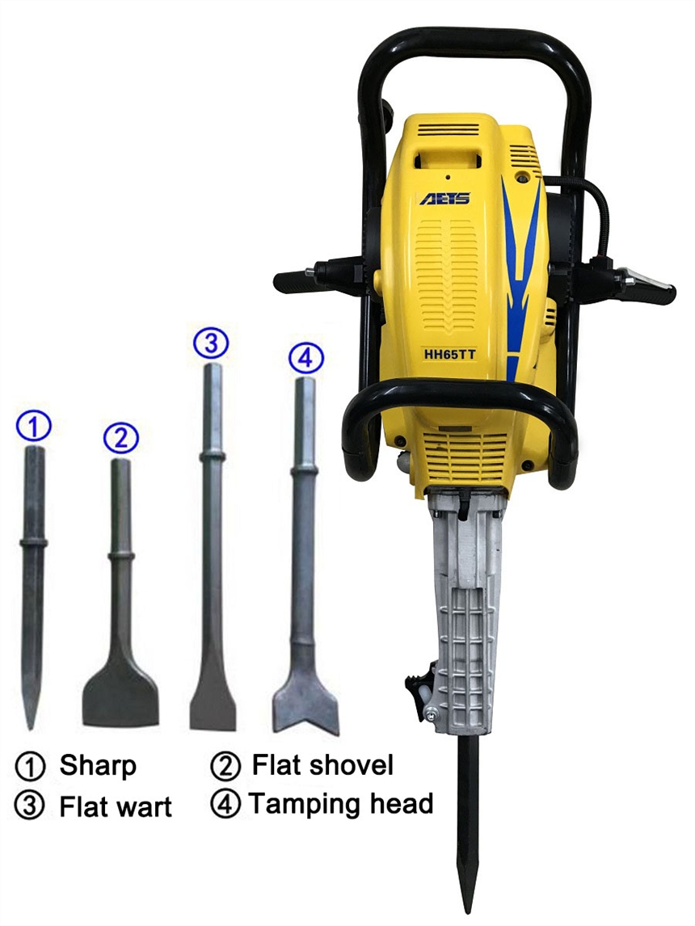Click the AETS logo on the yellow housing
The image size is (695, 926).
[444, 199]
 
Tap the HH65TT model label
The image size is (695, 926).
[450, 355]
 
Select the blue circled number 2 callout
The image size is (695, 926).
[120, 438]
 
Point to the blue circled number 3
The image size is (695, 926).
[212, 343]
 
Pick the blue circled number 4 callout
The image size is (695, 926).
[305, 357]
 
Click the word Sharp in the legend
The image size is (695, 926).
[98, 765]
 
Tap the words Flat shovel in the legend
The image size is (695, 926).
[322, 764]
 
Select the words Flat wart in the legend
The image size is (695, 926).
[116, 806]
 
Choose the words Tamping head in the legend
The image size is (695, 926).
[341, 804]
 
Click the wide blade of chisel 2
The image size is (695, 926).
[120, 699]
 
